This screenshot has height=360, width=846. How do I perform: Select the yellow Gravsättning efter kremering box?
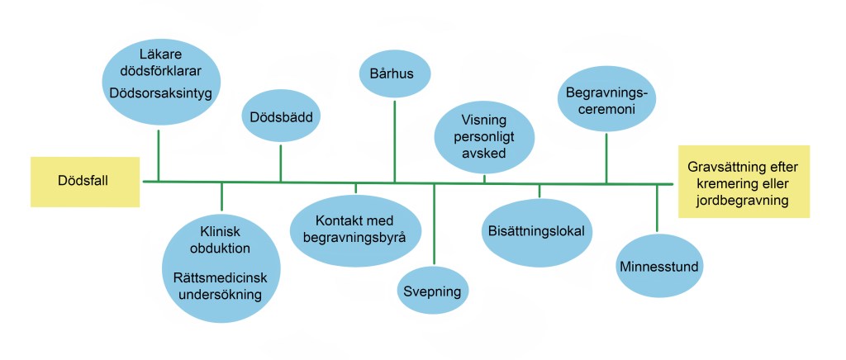tap(744, 182)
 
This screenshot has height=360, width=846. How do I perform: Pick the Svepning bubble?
tap(432, 291)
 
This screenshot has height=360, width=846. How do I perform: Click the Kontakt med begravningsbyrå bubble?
tap(356, 230)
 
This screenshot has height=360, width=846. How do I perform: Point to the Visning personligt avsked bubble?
tap(483, 135)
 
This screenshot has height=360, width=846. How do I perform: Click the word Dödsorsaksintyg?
tap(160, 92)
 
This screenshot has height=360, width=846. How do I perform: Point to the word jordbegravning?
tap(743, 200)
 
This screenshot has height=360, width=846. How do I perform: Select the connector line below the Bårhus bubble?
tap(394, 140)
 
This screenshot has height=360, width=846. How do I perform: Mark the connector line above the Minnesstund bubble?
tap(657, 207)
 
